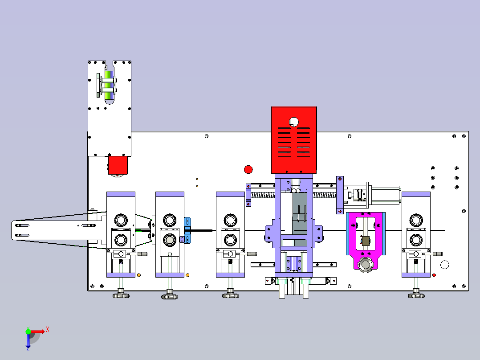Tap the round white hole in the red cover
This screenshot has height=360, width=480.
(x=294, y=122)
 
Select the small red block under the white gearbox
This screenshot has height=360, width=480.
(x=118, y=165)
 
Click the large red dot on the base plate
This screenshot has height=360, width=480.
(x=248, y=169)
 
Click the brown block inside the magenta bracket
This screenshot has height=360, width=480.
(x=366, y=241)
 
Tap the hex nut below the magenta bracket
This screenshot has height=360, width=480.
(x=366, y=264)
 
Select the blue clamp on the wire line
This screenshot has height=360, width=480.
(x=187, y=230)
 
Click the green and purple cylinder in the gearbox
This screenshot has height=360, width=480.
(x=109, y=86)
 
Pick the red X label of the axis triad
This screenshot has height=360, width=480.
(x=48, y=330)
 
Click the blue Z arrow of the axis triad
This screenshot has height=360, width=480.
(x=28, y=342)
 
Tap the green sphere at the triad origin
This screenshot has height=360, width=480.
(x=28, y=331)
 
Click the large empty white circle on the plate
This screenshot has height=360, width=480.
(x=444, y=265)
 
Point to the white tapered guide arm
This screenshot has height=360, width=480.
(x=58, y=230)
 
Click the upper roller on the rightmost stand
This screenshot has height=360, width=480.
(x=416, y=220)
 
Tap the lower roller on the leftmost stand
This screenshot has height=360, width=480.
(x=121, y=240)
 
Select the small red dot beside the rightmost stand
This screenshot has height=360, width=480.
(x=434, y=275)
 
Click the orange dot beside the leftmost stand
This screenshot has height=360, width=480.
(x=138, y=275)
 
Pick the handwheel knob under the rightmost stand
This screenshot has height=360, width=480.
(x=416, y=295)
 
